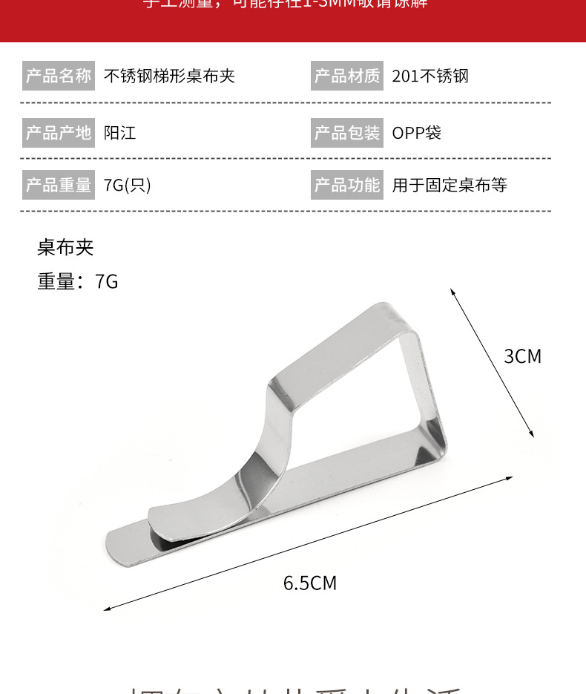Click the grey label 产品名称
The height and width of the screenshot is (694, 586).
[59, 76]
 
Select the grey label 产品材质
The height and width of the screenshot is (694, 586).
[347, 76]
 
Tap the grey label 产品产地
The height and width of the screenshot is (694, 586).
[59, 133]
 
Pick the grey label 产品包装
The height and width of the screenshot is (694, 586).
[347, 133]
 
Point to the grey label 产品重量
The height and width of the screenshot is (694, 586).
[59, 185]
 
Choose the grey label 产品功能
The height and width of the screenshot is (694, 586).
[347, 185]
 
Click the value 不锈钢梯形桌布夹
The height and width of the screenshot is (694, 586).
[169, 76]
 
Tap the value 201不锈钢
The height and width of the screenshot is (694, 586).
[430, 76]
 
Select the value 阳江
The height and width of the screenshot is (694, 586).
[119, 133]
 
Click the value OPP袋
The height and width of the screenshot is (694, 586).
[416, 133]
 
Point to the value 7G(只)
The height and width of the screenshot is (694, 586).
[127, 185]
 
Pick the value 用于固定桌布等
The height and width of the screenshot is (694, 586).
[450, 185]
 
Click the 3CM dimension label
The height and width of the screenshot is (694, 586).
[522, 356]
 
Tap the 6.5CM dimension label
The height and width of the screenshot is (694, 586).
[310, 583]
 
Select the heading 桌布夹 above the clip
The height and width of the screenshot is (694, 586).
[66, 247]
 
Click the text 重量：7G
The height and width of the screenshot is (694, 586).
[78, 281]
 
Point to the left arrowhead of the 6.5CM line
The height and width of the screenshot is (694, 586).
[107, 609]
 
